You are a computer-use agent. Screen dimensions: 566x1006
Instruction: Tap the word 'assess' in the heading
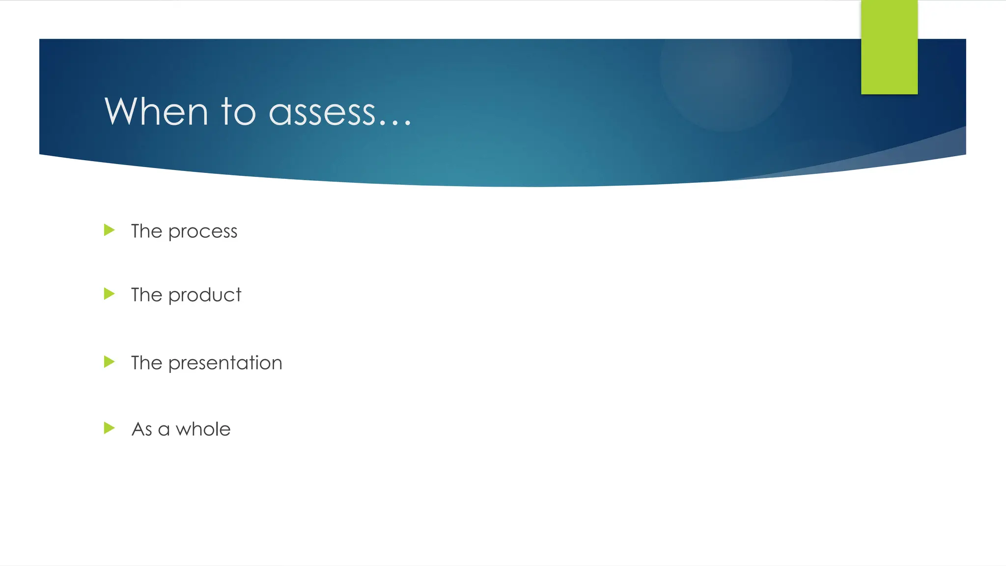[322, 113]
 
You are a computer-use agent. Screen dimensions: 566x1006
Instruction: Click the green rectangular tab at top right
[889, 47]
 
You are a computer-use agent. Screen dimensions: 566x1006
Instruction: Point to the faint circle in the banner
[726, 69]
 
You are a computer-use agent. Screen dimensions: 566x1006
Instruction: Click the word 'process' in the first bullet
[203, 231]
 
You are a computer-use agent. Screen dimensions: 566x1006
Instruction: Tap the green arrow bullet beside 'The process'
[109, 230]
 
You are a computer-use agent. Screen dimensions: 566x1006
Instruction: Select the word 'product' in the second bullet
[205, 295]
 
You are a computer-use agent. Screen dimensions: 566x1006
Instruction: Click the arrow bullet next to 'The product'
[109, 294]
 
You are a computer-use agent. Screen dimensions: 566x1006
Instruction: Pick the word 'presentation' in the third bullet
[225, 363]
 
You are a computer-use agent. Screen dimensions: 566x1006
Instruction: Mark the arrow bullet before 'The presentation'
[109, 362]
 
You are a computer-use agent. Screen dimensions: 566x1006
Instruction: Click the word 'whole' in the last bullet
[203, 429]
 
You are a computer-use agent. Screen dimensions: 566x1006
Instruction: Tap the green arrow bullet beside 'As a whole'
[109, 428]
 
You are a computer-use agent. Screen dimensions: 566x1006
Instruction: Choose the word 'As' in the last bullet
[142, 429]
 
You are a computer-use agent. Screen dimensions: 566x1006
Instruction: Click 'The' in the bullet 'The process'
[146, 231]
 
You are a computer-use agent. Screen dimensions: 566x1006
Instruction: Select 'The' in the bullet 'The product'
[146, 295]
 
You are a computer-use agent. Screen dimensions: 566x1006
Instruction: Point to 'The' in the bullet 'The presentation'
[146, 363]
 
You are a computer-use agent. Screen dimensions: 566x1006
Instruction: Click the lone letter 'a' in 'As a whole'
[164, 430]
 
